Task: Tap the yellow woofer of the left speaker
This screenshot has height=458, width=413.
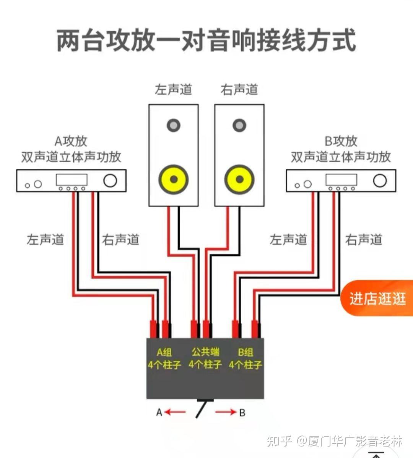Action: [x=173, y=179]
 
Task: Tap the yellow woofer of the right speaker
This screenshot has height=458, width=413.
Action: [x=239, y=179]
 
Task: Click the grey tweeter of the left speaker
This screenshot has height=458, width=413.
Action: [x=173, y=125]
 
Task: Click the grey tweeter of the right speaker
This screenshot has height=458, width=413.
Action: [x=239, y=125]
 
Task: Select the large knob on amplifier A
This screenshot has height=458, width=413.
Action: [x=110, y=180]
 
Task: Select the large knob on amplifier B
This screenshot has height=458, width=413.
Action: [x=380, y=181]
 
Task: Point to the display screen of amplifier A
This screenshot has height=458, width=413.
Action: [x=72, y=180]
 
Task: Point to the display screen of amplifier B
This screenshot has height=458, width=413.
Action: [x=341, y=180]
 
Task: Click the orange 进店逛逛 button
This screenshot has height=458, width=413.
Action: [x=377, y=298]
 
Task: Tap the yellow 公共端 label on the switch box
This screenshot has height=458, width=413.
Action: [x=205, y=352]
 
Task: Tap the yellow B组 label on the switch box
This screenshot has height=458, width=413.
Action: [x=245, y=352]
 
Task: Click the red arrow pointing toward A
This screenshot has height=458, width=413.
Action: [x=176, y=412]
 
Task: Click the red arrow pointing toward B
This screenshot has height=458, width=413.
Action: [x=226, y=412]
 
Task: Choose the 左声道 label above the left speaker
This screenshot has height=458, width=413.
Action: [x=173, y=90]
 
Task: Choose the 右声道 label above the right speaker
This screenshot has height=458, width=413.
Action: [x=239, y=90]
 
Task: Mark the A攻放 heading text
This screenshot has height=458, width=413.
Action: [x=71, y=141]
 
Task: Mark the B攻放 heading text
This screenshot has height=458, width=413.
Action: [x=341, y=141]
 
